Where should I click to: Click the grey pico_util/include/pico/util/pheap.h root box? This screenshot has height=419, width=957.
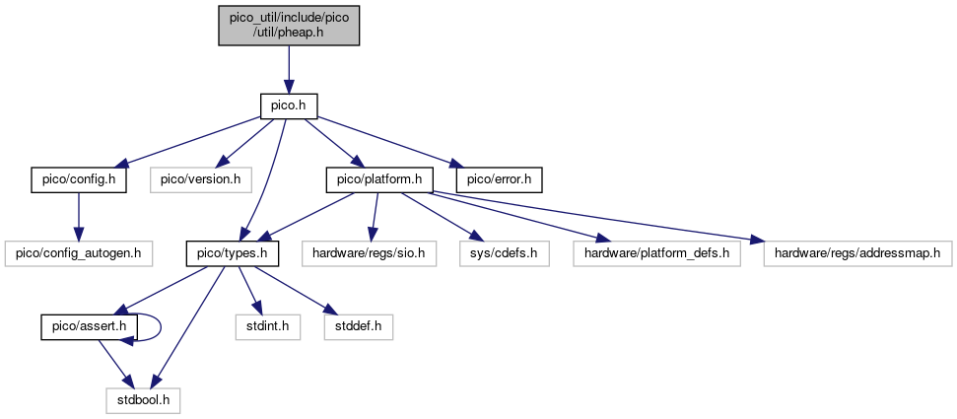tap(289, 25)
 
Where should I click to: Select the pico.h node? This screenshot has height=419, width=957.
tap(289, 106)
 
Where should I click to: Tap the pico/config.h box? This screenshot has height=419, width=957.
tap(79, 180)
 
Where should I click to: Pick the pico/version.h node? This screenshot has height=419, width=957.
tap(201, 180)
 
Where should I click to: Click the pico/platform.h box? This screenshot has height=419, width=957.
tap(380, 180)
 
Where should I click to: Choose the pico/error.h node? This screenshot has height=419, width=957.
tap(499, 180)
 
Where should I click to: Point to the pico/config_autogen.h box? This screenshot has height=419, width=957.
tap(78, 253)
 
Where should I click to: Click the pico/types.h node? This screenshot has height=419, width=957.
tap(234, 253)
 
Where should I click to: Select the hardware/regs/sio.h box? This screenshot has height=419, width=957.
tap(369, 253)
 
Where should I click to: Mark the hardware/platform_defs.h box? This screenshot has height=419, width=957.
tap(656, 253)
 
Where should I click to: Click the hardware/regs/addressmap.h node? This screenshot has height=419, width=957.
tap(857, 253)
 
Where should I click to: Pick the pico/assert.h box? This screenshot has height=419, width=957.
tap(89, 326)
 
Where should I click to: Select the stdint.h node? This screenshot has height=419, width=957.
tap(268, 326)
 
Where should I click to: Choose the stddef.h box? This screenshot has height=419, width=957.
tap(359, 326)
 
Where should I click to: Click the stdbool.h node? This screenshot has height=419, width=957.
tap(144, 400)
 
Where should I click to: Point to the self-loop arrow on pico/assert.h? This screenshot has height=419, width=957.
tap(161, 326)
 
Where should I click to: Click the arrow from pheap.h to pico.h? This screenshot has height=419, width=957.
tap(289, 70)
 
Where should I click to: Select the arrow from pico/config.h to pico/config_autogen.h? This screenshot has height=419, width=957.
tap(78, 217)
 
